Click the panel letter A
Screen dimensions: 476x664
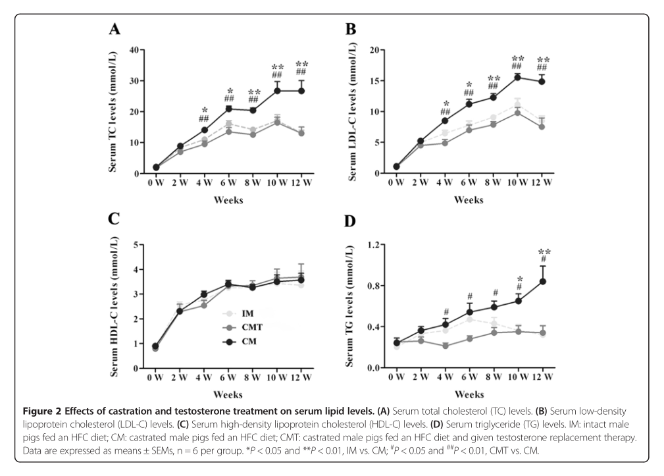pyautogui.click(x=115, y=29)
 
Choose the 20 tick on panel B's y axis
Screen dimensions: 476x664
pyautogui.click(x=376, y=50)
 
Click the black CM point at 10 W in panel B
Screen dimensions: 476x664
pyautogui.click(x=517, y=77)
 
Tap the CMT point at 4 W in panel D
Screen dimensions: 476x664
pyautogui.click(x=446, y=345)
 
